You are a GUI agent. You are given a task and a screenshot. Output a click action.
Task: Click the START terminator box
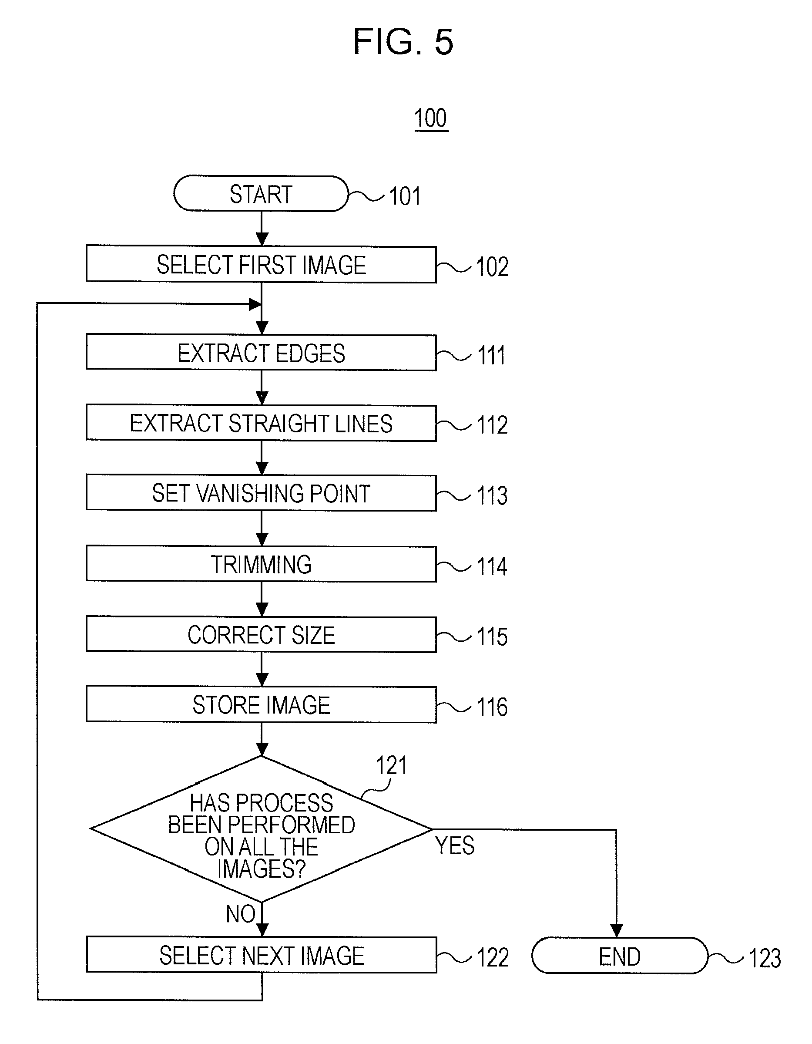261,194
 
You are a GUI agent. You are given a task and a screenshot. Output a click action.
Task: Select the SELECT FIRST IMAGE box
261,264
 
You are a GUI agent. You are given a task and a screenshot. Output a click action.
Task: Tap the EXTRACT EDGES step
261,353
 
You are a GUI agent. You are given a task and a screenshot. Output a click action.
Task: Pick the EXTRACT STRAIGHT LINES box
261,423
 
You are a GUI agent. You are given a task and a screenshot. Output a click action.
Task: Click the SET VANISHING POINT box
261,493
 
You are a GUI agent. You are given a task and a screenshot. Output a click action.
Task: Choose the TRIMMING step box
261,564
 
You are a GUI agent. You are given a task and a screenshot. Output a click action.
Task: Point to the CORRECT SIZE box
261,634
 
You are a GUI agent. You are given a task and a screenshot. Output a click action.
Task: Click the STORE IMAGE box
261,704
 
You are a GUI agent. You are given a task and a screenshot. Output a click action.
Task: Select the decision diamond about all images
261,829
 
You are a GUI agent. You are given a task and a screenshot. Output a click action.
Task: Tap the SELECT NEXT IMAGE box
262,955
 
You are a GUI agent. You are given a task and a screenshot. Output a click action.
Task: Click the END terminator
619,956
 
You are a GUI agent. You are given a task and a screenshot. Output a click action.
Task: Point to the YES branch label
454,845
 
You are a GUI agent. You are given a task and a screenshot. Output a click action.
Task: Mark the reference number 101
405,196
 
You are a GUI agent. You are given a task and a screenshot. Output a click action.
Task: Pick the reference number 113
492,495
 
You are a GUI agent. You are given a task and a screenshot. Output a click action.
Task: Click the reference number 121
391,765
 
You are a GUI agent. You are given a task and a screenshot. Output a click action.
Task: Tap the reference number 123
765,958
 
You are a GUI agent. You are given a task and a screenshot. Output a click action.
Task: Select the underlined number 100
431,118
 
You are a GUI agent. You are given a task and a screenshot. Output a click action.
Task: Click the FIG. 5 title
403,42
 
